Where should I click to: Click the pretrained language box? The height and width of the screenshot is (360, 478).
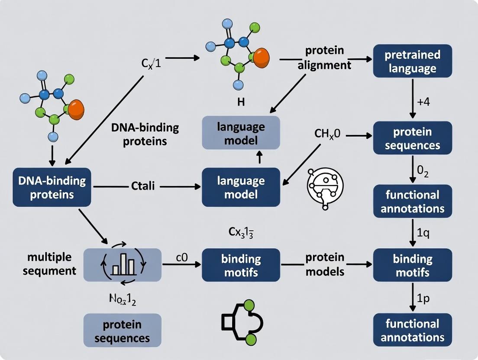tap(412, 61)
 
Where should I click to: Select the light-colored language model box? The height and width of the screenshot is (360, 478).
tap(241, 133)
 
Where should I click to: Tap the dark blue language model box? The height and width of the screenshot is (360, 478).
tap(241, 187)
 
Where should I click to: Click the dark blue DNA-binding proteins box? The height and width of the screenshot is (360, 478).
tap(52, 187)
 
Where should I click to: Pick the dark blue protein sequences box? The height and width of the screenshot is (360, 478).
tap(412, 139)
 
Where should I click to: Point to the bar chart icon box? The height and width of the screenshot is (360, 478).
tap(123, 265)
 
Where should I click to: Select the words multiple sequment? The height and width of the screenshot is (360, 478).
tap(49, 264)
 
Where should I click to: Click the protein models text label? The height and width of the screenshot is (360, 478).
tap(325, 264)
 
